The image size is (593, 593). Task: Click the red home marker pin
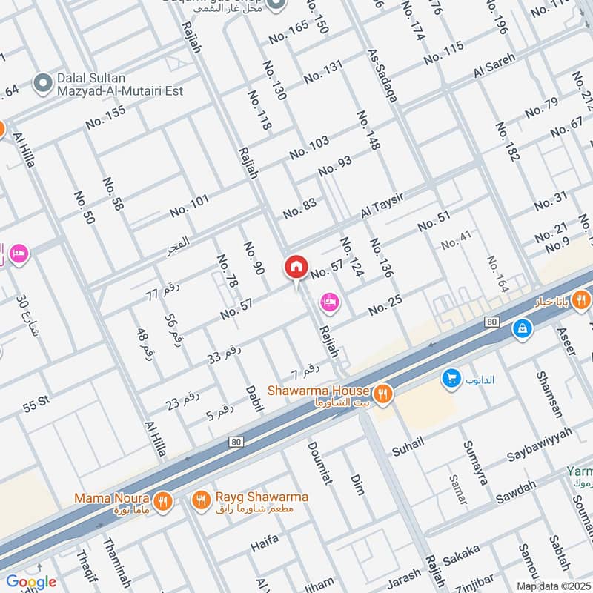(296, 268)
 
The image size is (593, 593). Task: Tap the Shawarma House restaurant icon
(382, 394)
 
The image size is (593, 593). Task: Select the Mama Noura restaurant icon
(164, 500)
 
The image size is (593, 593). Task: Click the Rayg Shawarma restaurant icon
(200, 500)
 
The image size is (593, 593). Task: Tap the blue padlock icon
(522, 327)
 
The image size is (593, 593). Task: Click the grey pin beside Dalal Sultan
(42, 79)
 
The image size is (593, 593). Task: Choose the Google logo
(31, 582)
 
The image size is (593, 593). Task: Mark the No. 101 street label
(189, 205)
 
